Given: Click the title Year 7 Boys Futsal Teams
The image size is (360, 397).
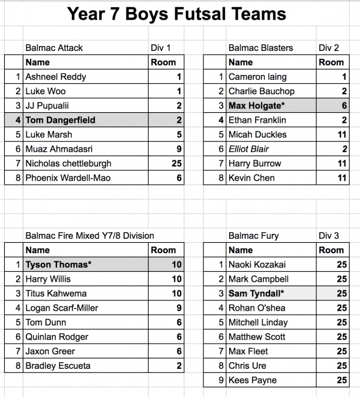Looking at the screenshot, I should pos(177,15).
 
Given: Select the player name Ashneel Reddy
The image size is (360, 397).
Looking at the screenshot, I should pos(56,77).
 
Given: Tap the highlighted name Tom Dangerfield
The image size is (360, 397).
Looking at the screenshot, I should pos(61,120).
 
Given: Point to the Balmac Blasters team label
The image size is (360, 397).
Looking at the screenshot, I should pos(260,48).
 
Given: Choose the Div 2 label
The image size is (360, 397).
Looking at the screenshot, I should pos(328,48).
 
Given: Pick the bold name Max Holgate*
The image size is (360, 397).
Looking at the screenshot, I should pos(255,106).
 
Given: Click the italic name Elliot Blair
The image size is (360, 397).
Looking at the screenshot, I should pos(248,149).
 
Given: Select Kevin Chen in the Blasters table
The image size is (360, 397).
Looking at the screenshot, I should pos(252,178).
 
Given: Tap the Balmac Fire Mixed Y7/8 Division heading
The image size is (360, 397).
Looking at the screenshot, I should pos(89,236).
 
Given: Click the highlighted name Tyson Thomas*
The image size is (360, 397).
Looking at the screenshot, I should pos(58,264).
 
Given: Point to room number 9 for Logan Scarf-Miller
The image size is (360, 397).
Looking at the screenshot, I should pos(178,308).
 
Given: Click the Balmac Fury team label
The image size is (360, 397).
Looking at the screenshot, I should pos(253,236).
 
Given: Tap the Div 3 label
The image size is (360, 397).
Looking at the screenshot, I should pos(328,236).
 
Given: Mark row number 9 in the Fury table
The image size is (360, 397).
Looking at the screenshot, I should pos(221,380).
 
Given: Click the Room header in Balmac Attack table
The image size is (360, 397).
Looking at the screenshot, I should pos(164,62).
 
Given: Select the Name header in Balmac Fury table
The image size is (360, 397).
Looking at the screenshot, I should pos(241,250).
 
